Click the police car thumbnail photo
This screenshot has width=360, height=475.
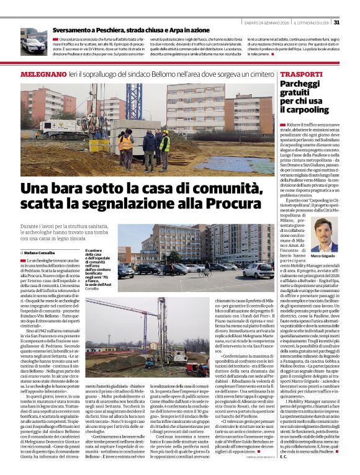pos(33,41)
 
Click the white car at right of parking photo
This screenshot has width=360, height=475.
pos(256,270)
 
